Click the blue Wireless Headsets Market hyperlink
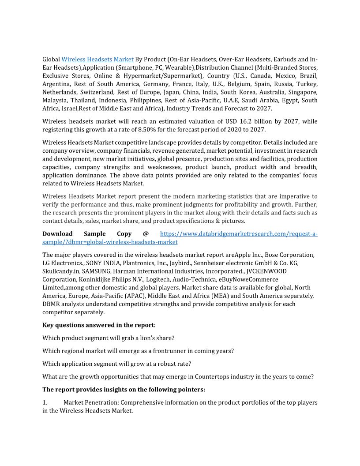tap(97, 59)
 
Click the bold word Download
tap(57, 234)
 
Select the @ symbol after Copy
tap(146, 234)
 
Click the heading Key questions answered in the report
tap(99, 325)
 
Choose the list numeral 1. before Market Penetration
tap(45, 402)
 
